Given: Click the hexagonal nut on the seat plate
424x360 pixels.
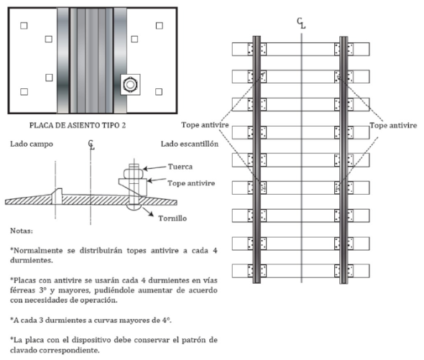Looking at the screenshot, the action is [130, 84].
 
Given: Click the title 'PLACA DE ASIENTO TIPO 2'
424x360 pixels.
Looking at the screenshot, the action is [78, 125].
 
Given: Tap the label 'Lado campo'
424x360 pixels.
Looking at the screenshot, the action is [32, 144].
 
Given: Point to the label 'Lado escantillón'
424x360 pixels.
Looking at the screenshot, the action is [190, 144].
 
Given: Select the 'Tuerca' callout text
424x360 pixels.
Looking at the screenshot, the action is [180, 167].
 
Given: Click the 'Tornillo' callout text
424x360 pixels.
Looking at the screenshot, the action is [172, 218].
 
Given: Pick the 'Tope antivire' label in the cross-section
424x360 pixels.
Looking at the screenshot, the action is [191, 183].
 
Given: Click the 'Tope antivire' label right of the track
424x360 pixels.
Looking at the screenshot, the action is [393, 125].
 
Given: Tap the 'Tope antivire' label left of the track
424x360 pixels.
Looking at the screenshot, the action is [205, 125].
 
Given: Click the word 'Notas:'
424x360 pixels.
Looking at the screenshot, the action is [22, 231].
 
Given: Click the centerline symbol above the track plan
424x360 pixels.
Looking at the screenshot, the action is [301, 23].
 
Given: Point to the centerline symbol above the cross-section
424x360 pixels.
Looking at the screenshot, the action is [91, 144].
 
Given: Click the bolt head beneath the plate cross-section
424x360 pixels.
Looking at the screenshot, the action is [134, 207].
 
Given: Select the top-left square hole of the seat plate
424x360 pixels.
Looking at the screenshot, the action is [24, 26].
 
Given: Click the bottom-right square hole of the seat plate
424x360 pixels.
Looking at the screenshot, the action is [159, 92].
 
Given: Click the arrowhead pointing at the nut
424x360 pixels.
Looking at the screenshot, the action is [145, 169].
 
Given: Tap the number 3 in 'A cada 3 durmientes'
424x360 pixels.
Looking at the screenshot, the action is [41, 320].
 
